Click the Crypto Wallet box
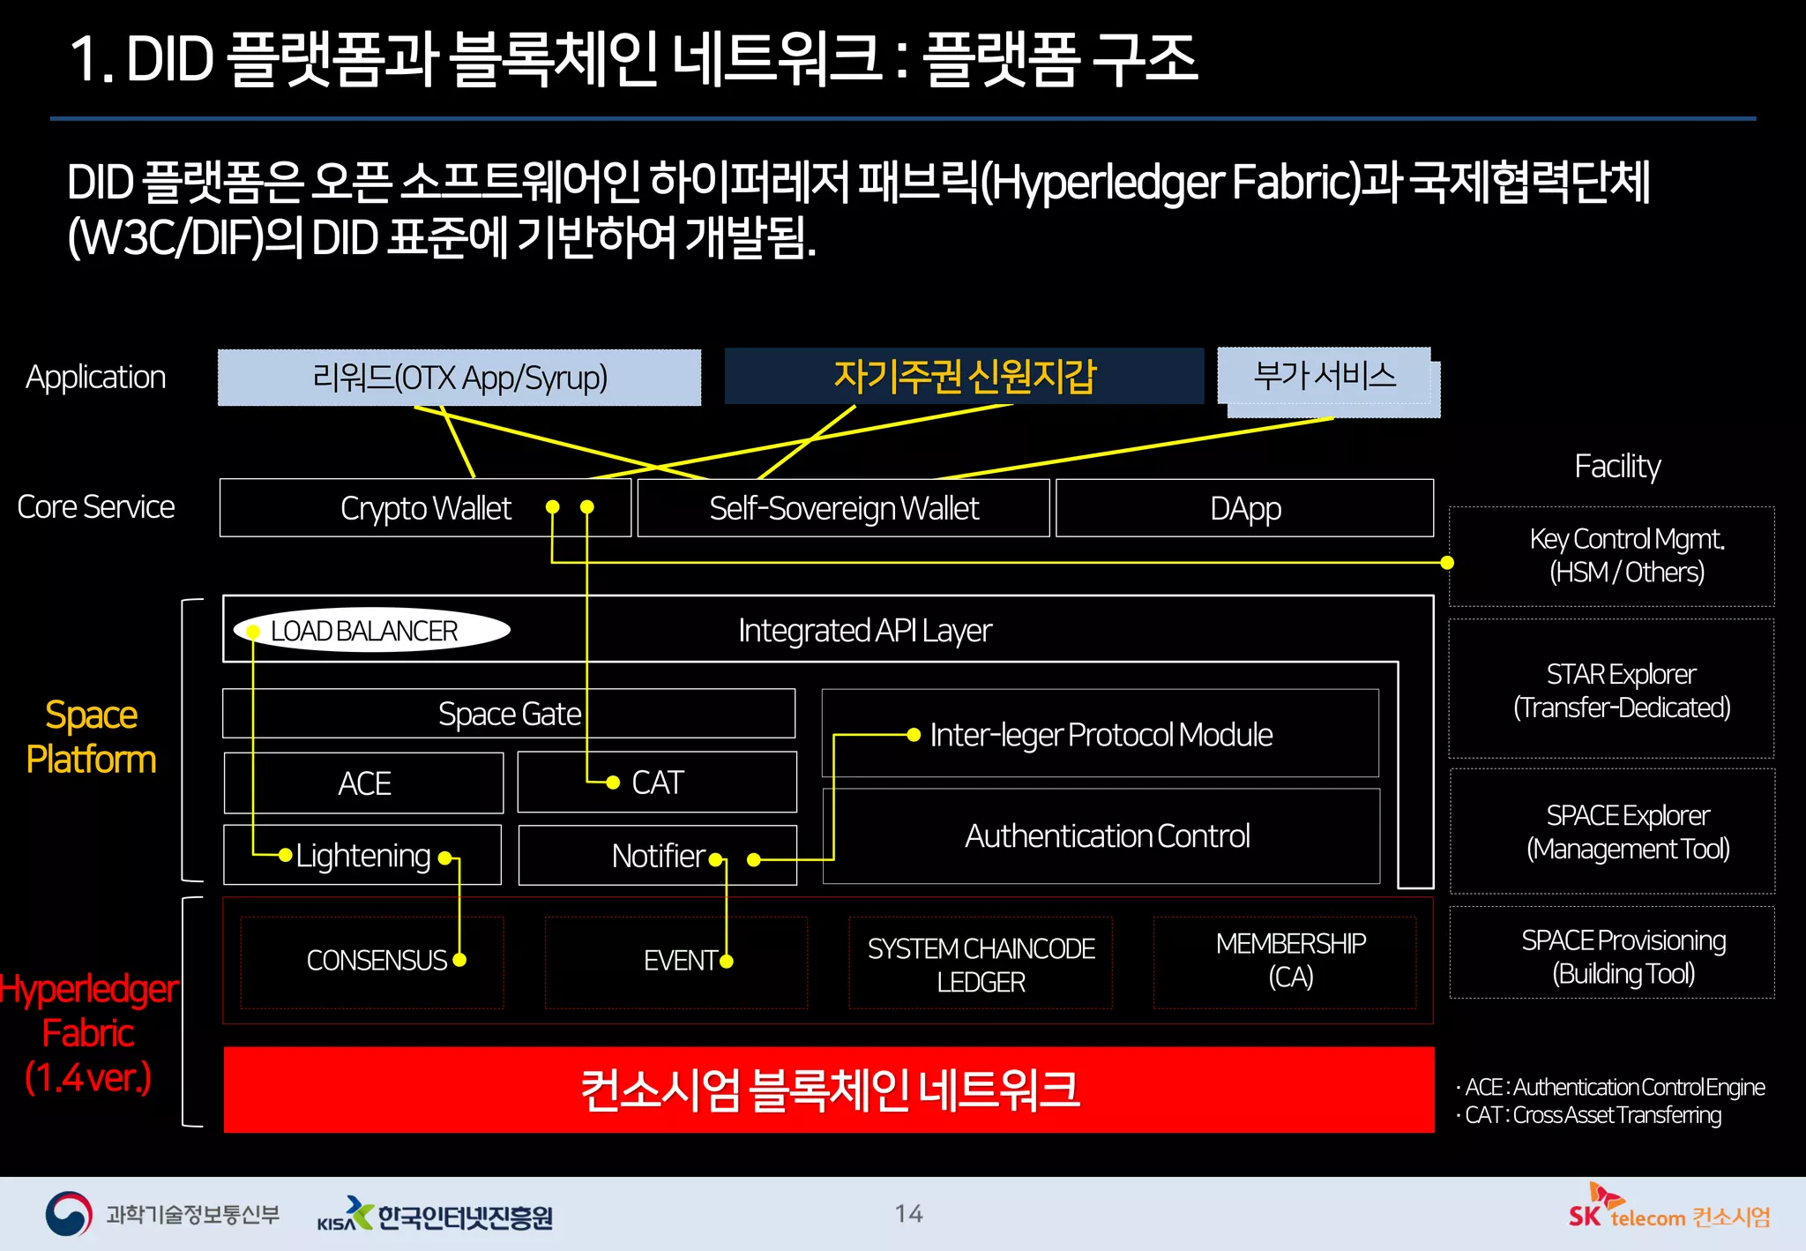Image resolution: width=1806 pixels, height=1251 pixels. click(x=425, y=508)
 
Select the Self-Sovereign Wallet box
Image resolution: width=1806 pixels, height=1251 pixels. click(x=843, y=508)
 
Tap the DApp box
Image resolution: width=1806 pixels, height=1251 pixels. click(x=1244, y=508)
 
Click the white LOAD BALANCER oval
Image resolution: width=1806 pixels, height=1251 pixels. click(x=371, y=631)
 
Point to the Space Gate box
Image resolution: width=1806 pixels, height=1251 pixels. click(x=509, y=714)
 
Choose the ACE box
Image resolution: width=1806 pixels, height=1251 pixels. click(x=363, y=783)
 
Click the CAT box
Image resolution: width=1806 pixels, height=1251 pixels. click(x=657, y=783)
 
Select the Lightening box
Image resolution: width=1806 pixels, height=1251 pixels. click(x=362, y=855)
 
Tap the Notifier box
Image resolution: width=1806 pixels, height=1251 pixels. click(x=657, y=855)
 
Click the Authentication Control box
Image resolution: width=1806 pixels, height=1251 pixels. click(x=1106, y=835)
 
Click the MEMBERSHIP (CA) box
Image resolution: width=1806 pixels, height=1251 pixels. click(x=1289, y=961)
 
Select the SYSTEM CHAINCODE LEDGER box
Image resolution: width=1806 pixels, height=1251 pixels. click(x=980, y=964)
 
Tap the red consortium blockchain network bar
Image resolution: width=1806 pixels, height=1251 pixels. click(x=828, y=1090)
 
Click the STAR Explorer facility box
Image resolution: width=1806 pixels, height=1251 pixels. click(x=1620, y=690)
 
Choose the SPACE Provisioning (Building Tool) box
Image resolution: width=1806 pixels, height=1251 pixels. click(x=1622, y=956)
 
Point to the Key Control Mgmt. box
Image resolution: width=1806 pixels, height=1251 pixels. click(x=1624, y=556)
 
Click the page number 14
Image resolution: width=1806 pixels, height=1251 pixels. click(x=908, y=1214)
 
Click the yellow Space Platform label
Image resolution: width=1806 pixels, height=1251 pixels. click(x=91, y=737)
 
